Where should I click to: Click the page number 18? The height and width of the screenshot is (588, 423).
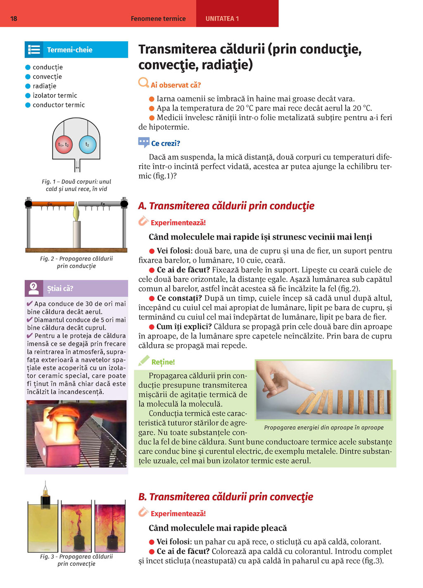click(x=14, y=19)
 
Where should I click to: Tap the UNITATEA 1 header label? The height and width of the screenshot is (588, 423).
click(x=222, y=19)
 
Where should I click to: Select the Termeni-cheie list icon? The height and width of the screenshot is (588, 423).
click(x=34, y=50)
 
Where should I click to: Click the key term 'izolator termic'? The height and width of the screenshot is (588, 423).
click(x=55, y=95)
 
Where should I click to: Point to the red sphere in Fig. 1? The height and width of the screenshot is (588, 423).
click(x=64, y=145)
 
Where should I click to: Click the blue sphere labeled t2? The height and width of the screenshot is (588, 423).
click(x=87, y=145)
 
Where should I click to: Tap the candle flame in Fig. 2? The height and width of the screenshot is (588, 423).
click(x=76, y=212)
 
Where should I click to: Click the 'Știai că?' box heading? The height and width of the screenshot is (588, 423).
click(x=60, y=288)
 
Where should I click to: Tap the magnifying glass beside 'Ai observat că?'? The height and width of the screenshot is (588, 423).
click(x=143, y=83)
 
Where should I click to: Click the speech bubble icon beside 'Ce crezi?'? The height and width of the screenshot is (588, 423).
click(x=143, y=143)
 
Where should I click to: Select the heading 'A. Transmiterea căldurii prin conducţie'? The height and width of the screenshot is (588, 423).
click(x=226, y=206)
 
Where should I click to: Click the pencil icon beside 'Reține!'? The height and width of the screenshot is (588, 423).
click(x=143, y=361)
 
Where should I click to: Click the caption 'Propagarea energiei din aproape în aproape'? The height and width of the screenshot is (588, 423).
click(x=324, y=428)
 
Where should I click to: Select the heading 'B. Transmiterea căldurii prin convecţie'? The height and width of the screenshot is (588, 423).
click(x=226, y=497)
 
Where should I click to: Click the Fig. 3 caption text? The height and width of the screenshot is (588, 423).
click(x=76, y=560)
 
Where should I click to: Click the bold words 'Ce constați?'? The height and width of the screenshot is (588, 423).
click(x=179, y=298)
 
